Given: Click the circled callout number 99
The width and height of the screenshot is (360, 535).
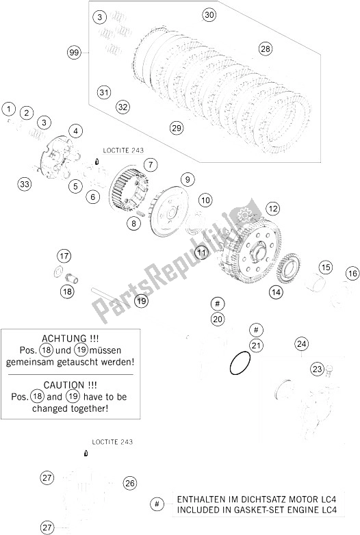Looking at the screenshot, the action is (x=73, y=53).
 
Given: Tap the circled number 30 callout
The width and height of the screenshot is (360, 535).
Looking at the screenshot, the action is (x=209, y=14).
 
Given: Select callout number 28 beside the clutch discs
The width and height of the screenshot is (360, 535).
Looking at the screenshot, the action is (x=265, y=49).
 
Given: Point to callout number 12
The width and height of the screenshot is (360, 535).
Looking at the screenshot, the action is (x=273, y=209).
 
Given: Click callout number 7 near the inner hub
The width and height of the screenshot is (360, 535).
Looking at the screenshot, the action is (x=150, y=165).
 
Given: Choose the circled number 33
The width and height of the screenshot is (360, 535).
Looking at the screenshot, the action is (x=25, y=185).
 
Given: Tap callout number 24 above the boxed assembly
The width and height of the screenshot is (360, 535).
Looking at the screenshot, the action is (x=302, y=343).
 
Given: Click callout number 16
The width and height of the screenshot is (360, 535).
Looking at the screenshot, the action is (x=352, y=273).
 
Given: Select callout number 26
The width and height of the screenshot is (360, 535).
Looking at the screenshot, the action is (x=129, y=483).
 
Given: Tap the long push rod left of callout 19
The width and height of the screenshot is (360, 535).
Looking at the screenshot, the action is (x=110, y=297).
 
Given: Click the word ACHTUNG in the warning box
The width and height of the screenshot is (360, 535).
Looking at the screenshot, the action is (x=64, y=339).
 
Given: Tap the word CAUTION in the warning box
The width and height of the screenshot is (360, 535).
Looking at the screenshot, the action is (x=64, y=385).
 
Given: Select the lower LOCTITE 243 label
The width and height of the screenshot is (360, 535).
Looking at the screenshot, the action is (x=112, y=442).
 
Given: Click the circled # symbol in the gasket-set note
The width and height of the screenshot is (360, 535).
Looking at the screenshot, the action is (x=157, y=504).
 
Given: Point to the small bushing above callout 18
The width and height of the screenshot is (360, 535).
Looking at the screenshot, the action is (x=72, y=278).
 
